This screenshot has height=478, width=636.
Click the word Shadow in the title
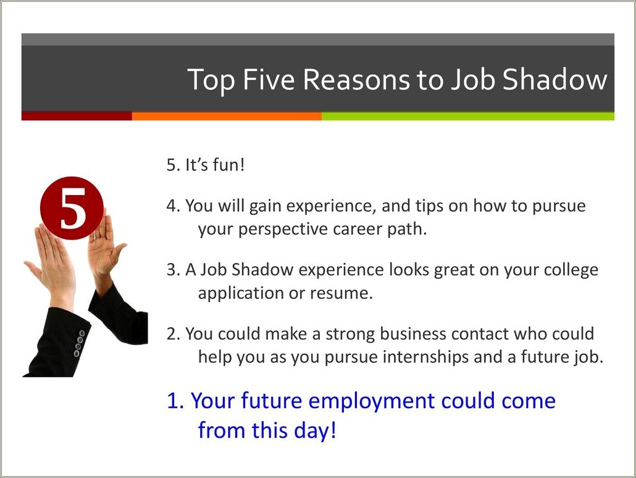point(554,79)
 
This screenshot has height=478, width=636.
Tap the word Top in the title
point(211,80)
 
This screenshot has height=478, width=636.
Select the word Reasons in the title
point(357,80)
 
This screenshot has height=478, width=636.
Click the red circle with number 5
point(72,208)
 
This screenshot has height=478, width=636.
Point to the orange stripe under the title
point(227,116)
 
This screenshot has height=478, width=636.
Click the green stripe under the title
point(468,116)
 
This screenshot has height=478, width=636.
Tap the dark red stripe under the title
point(77,116)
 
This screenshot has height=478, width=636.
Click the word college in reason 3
point(571,270)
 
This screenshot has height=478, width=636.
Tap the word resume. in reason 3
point(341,293)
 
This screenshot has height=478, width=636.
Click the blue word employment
point(371,401)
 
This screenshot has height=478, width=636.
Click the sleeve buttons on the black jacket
point(80,344)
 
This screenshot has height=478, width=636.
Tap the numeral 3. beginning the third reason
point(173,270)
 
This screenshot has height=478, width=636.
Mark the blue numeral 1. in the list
point(175,401)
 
